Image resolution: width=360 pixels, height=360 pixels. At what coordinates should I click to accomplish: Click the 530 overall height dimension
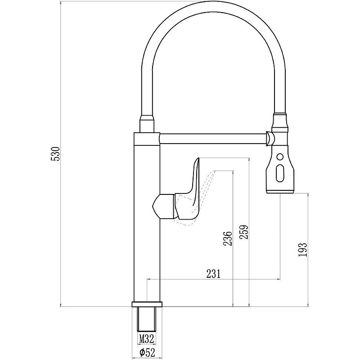coord(55,154)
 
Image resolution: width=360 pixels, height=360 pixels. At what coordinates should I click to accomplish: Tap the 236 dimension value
coord(228,238)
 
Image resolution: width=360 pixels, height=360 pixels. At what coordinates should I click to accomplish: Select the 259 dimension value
coord(244,232)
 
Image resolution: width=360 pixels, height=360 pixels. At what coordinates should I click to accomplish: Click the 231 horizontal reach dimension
coord(213,273)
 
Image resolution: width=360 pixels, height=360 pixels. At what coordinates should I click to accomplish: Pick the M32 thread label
coord(147,339)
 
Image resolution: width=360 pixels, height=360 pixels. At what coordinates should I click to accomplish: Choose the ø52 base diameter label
coord(147,352)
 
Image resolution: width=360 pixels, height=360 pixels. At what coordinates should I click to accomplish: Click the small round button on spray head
coord(280,157)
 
